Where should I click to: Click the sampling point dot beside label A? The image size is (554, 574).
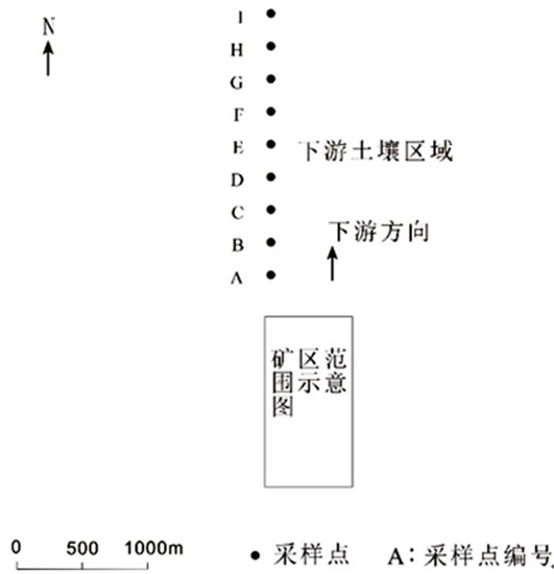(x=271, y=275)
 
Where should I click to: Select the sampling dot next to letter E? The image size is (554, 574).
(x=271, y=145)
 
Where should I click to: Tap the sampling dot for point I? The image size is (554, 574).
(x=271, y=13)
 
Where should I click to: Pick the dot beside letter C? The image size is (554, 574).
(x=271, y=210)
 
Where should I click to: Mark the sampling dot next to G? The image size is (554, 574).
(x=271, y=79)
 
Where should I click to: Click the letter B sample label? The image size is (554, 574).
(x=237, y=245)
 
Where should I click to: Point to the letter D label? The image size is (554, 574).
(x=237, y=180)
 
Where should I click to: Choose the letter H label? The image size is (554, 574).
(x=237, y=50)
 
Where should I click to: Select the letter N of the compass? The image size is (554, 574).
(x=49, y=26)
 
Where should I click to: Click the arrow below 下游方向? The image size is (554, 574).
(x=332, y=263)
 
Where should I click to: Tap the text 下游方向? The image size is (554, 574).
(x=379, y=232)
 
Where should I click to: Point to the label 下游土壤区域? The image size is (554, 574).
(x=375, y=151)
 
